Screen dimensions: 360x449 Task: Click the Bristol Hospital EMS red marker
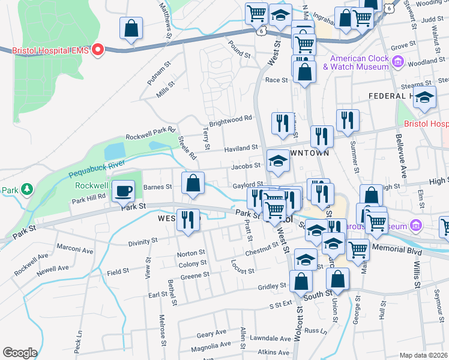(x=97, y=50)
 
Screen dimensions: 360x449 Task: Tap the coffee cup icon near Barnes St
(x=124, y=191)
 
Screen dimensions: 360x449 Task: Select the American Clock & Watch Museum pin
(x=397, y=61)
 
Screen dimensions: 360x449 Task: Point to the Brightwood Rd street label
(x=230, y=120)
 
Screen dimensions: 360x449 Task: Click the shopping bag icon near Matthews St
(x=131, y=28)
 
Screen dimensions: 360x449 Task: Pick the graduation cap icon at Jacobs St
(x=278, y=161)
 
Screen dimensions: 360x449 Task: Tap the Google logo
(x=20, y=353)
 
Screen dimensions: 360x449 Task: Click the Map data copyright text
(x=423, y=355)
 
